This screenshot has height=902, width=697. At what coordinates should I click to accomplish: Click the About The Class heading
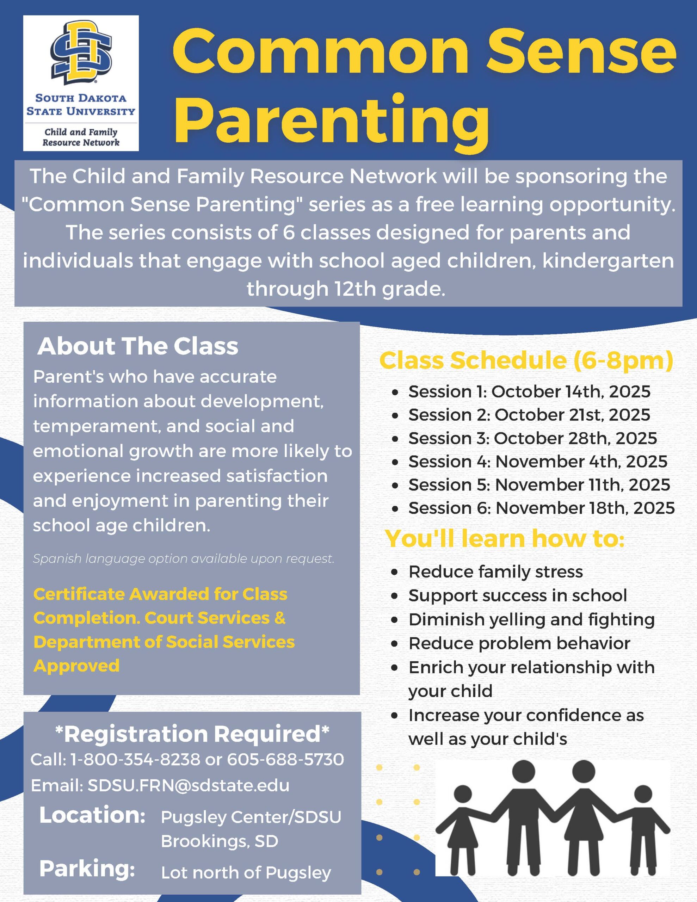coord(137,346)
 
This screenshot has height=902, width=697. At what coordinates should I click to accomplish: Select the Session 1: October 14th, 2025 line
coord(529,391)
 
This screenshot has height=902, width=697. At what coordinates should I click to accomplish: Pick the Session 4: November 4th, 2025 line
coord(537,461)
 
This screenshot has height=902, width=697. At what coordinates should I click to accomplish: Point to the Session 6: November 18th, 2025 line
coord(541,508)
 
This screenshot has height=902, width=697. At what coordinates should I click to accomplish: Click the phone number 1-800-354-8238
coord(135,759)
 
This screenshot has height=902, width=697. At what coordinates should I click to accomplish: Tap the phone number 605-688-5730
coord(285,759)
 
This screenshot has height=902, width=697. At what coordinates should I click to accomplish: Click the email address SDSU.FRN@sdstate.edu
coord(189,785)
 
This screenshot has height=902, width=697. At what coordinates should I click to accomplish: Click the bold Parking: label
coord(87,868)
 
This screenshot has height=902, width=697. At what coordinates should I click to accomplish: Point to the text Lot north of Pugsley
coord(246,872)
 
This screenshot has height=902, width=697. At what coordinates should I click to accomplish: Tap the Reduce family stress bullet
coord(495,572)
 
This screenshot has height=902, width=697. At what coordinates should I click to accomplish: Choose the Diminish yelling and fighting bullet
coord(531,619)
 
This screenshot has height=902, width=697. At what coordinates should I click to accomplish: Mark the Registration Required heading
coord(192,734)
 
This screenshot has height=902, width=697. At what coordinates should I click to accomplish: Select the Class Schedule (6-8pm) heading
coord(526,360)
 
